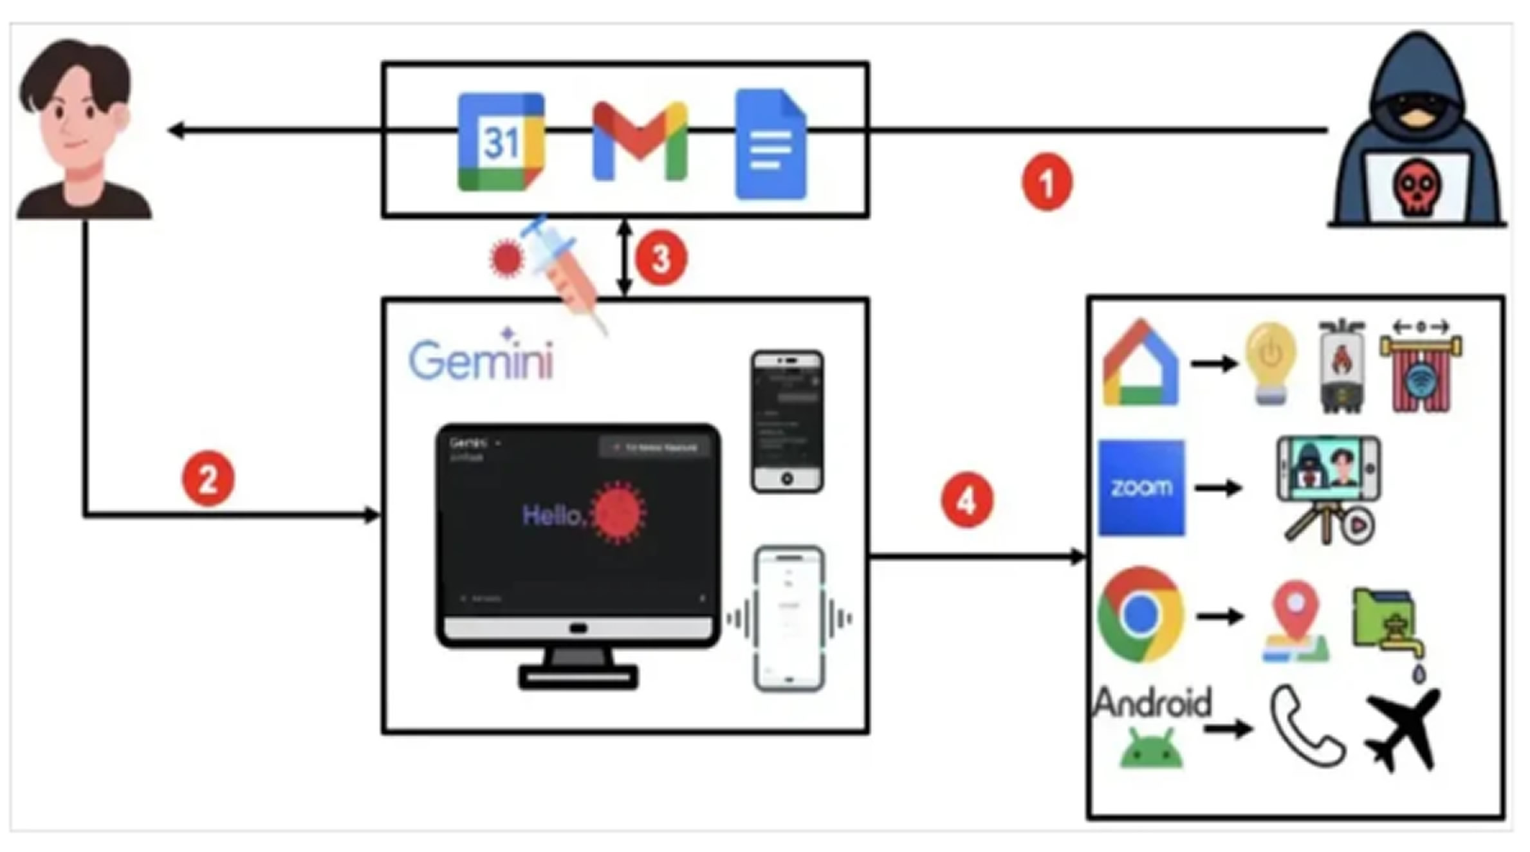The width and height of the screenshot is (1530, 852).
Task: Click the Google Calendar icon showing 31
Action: point(501,142)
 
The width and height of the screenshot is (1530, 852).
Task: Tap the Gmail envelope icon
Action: point(640,141)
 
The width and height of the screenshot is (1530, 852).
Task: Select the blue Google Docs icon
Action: point(770,144)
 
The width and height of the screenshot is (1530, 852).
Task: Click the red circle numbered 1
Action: point(1047,182)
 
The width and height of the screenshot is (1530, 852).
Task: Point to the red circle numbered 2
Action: point(208,479)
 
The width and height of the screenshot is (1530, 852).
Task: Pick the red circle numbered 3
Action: point(661,259)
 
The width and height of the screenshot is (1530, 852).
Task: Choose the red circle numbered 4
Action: point(966,500)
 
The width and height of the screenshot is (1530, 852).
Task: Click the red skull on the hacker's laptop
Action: point(1416,187)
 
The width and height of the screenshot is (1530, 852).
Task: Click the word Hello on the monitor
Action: point(553,515)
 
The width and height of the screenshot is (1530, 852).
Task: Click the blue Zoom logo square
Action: point(1141,488)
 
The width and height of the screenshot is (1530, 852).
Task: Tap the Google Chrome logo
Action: point(1140,615)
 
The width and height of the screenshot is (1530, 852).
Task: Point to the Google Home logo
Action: point(1141,364)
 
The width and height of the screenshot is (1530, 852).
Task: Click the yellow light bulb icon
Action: point(1270,362)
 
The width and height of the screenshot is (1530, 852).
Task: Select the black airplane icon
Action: point(1403,730)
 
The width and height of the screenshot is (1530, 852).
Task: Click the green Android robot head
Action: point(1151,750)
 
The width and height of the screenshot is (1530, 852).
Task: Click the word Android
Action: point(1152,702)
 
